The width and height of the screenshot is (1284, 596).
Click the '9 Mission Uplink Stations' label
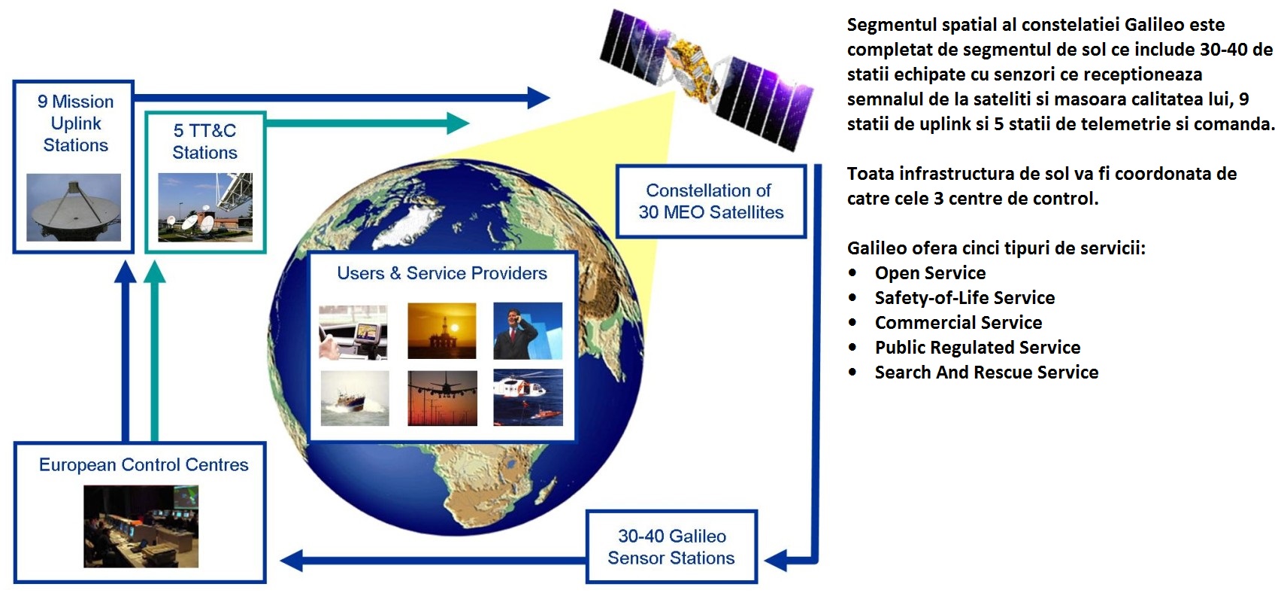coord(76,123)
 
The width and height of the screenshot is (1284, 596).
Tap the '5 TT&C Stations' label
coord(204,141)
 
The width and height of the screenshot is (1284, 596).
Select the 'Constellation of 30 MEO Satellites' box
coord(711,202)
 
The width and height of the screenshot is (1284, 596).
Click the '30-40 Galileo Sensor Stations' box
coord(671,546)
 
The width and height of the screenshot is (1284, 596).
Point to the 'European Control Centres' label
coord(144,464)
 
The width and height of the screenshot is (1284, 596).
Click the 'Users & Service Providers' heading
coord(442,273)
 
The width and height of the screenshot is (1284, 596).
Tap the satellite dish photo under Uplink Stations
coord(74,207)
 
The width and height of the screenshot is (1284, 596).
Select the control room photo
coord(141,527)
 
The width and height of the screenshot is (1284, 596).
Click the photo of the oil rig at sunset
coord(442,331)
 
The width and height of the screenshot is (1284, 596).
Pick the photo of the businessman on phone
coord(528,331)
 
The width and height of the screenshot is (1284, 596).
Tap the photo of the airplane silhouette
coord(443,398)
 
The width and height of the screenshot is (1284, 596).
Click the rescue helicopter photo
coord(528,397)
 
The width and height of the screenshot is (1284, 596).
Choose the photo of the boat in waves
coord(355,398)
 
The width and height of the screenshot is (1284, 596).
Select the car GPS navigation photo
coord(353,333)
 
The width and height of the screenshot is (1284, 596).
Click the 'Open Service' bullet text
coord(931,273)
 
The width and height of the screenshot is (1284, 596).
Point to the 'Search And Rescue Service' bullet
coord(986,372)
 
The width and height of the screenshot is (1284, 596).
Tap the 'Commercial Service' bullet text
coord(958,322)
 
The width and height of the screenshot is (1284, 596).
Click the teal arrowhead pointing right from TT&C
coord(458,123)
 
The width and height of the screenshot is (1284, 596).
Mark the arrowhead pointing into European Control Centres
coord(291,561)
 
